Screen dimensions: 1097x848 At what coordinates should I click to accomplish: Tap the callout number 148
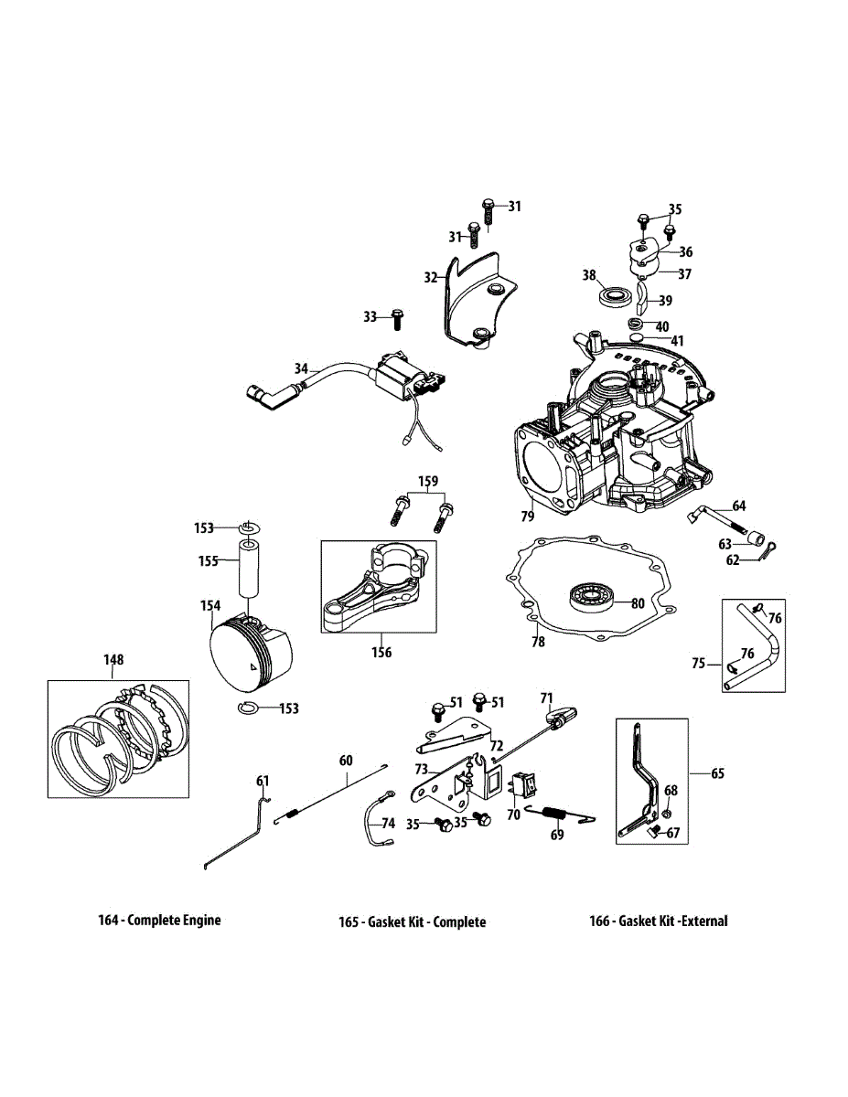pos(113,659)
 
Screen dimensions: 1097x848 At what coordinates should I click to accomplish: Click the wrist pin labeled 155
pos(251,571)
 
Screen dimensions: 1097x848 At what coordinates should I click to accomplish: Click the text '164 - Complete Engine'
pos(159,920)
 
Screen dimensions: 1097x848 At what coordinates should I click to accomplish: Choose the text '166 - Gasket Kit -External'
pos(658,921)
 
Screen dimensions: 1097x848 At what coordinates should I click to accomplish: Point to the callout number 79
pos(527,517)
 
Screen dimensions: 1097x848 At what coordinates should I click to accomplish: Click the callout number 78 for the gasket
pos(538,642)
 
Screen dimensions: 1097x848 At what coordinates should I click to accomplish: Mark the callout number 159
pos(428,481)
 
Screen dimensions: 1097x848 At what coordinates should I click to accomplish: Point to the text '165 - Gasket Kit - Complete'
pos(412,921)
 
